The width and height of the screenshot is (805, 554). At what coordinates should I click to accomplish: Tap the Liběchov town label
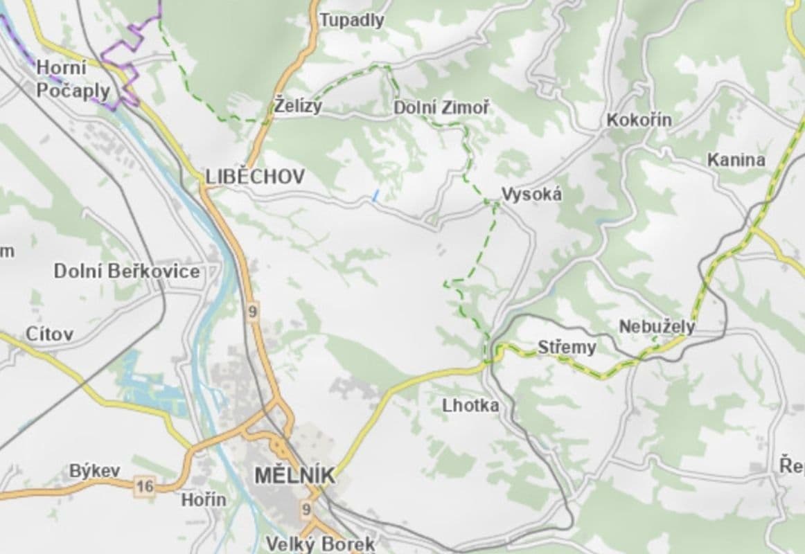pos(255,177)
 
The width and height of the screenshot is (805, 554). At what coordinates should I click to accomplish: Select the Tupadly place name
pos(352,21)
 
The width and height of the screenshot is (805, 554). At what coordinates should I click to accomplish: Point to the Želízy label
pos(298,107)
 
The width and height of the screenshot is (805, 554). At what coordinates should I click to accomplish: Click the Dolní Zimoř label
pos(441,108)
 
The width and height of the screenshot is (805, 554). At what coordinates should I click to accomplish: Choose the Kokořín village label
pos(639,120)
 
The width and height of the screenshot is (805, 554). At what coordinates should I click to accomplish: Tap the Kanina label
pos(736,160)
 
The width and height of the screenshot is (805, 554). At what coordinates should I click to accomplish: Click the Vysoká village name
pos(531,195)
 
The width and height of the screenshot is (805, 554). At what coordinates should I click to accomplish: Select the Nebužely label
pos(657,326)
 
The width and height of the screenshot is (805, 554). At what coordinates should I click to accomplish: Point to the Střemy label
pos(567,346)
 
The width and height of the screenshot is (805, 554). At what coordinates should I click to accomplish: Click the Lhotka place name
pos(470,406)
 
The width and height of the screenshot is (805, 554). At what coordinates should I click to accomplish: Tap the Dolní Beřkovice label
pos(127,271)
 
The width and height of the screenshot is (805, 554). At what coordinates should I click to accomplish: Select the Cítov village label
pos(49,334)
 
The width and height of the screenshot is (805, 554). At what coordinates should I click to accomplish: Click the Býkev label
pos(95,471)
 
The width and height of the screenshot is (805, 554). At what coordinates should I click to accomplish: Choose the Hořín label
pos(204,499)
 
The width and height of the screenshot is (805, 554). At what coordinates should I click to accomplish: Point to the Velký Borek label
pos(321,544)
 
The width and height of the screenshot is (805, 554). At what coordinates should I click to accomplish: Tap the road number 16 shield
pos(144,487)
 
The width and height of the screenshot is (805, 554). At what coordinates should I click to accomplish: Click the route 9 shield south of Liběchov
pos(252,312)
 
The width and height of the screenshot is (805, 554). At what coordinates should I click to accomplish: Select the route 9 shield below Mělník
pos(306,510)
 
